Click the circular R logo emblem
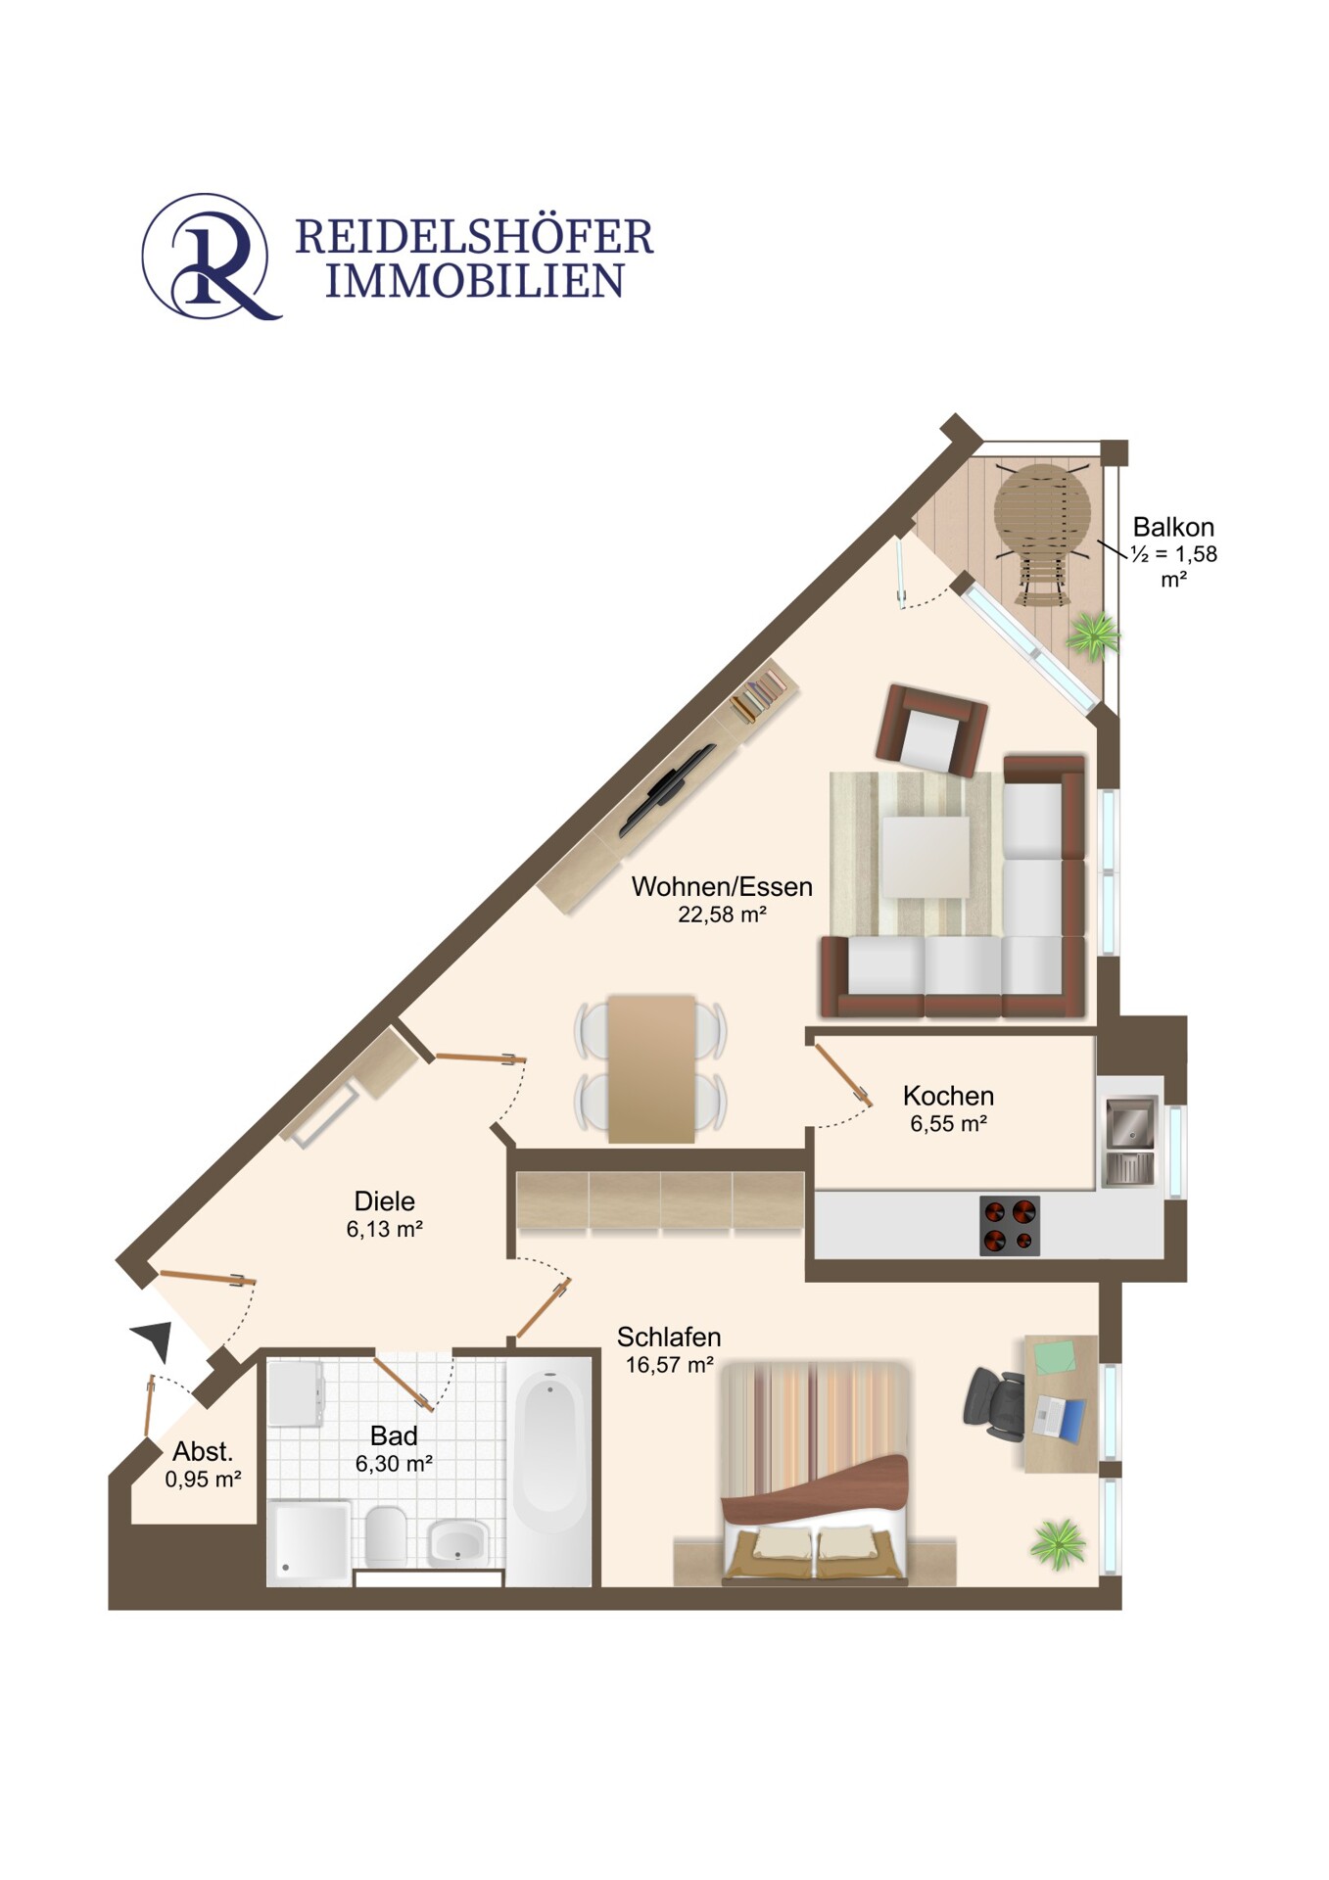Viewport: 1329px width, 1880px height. point(207,256)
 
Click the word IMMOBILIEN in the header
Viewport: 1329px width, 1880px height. point(474,282)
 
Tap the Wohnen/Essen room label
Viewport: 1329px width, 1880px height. point(722,887)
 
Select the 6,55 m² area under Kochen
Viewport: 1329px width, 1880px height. point(948,1124)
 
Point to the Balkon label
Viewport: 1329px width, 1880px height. point(1172,527)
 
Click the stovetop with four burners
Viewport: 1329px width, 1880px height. point(1009,1225)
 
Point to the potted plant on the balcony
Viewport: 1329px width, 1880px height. point(1093,635)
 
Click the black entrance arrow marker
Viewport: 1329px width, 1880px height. point(155,1338)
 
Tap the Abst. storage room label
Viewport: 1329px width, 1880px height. point(203,1451)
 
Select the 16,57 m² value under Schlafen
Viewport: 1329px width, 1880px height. point(669,1365)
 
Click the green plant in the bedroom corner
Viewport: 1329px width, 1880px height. point(1058,1544)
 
